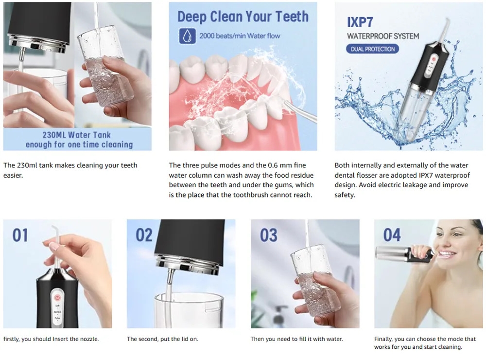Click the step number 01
[x=20, y=235]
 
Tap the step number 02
[x=144, y=235]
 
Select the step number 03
[x=268, y=235]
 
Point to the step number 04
[x=392, y=235]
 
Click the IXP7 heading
[x=360, y=22]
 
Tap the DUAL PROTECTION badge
[x=373, y=49]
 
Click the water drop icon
[x=187, y=36]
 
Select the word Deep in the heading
[x=192, y=17]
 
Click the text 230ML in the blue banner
[x=54, y=135]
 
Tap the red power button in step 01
[x=57, y=298]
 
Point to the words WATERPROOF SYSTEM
[x=383, y=36]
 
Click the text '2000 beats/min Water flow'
[x=240, y=36]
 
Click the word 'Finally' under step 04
[x=383, y=339]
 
